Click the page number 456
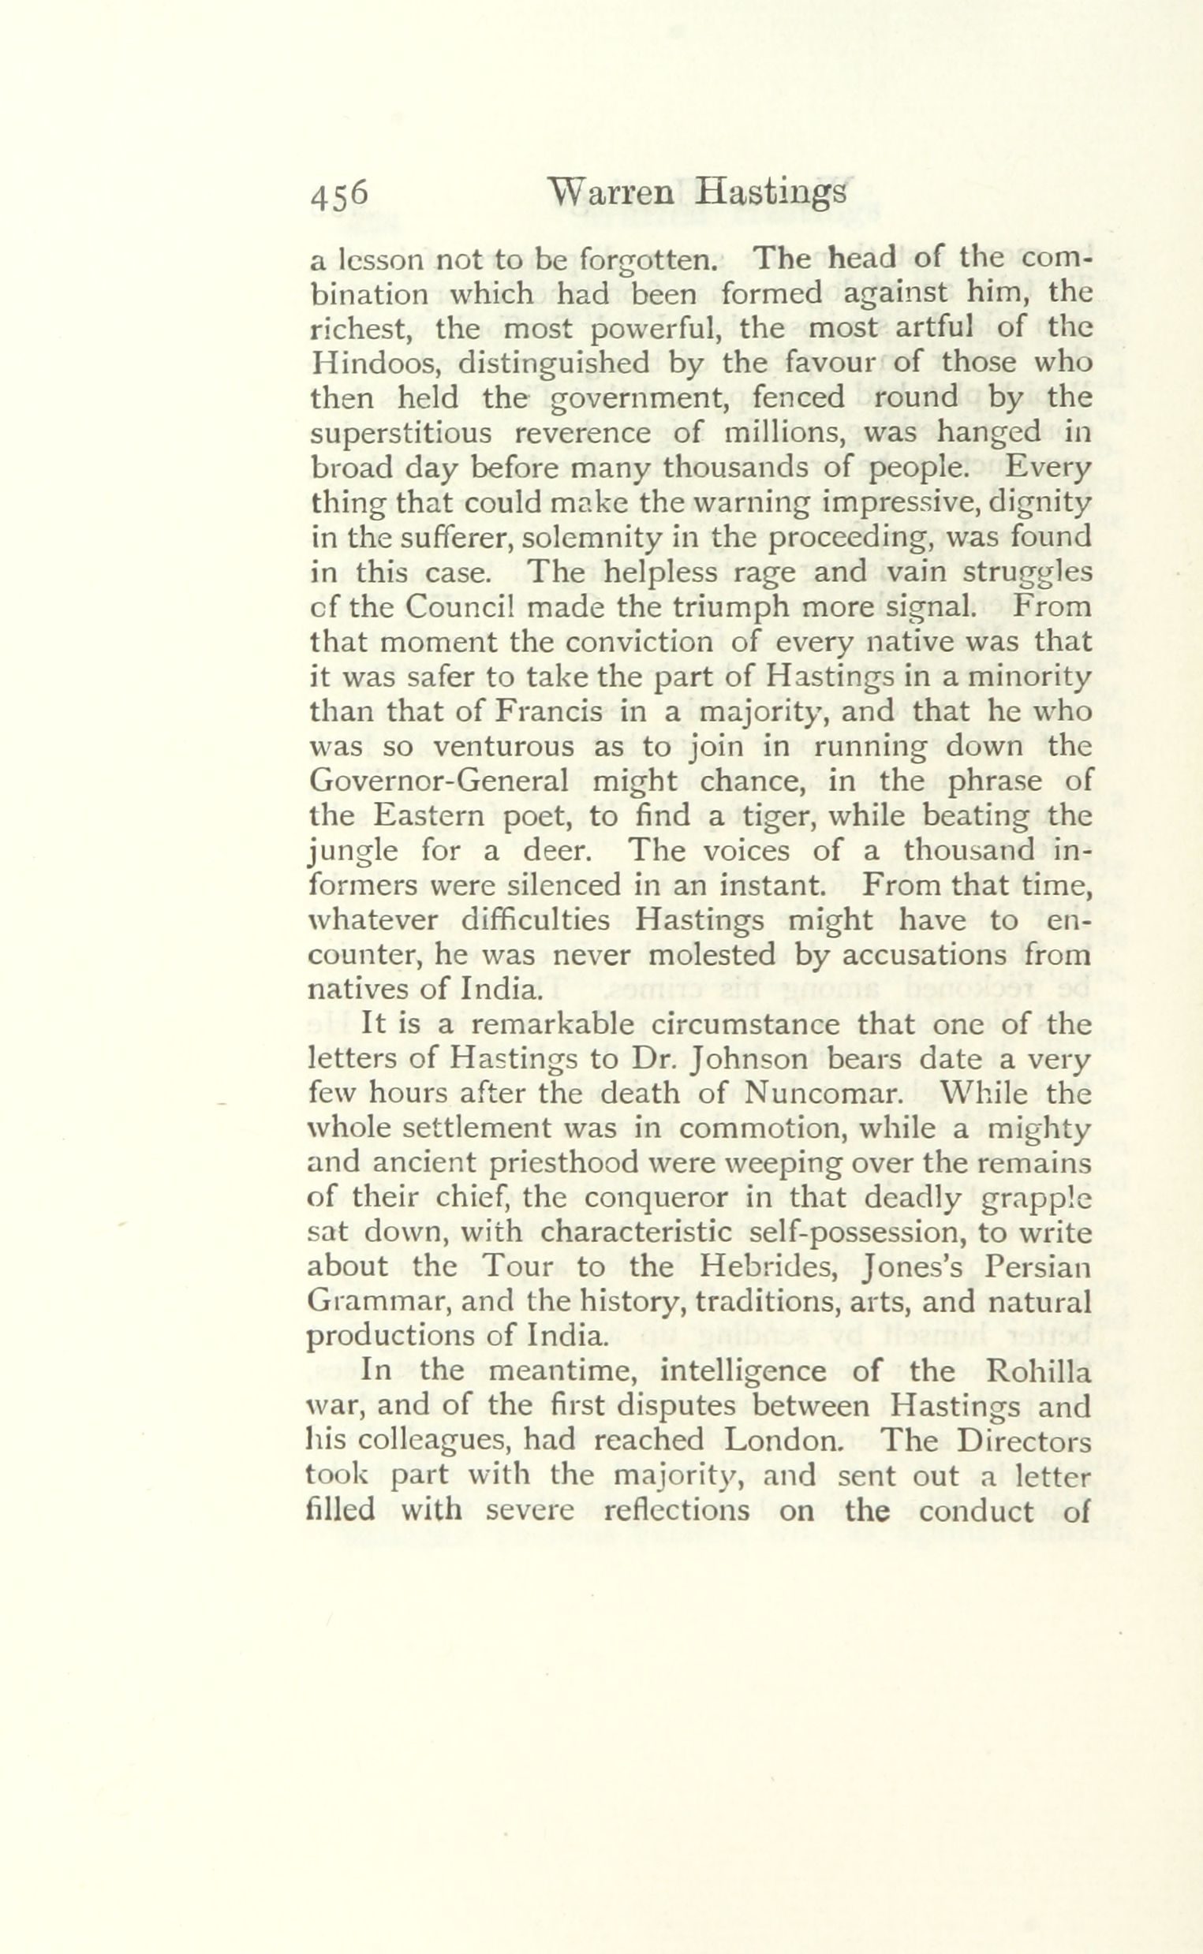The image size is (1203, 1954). pyautogui.click(x=338, y=195)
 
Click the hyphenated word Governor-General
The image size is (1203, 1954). pyautogui.click(x=439, y=781)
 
